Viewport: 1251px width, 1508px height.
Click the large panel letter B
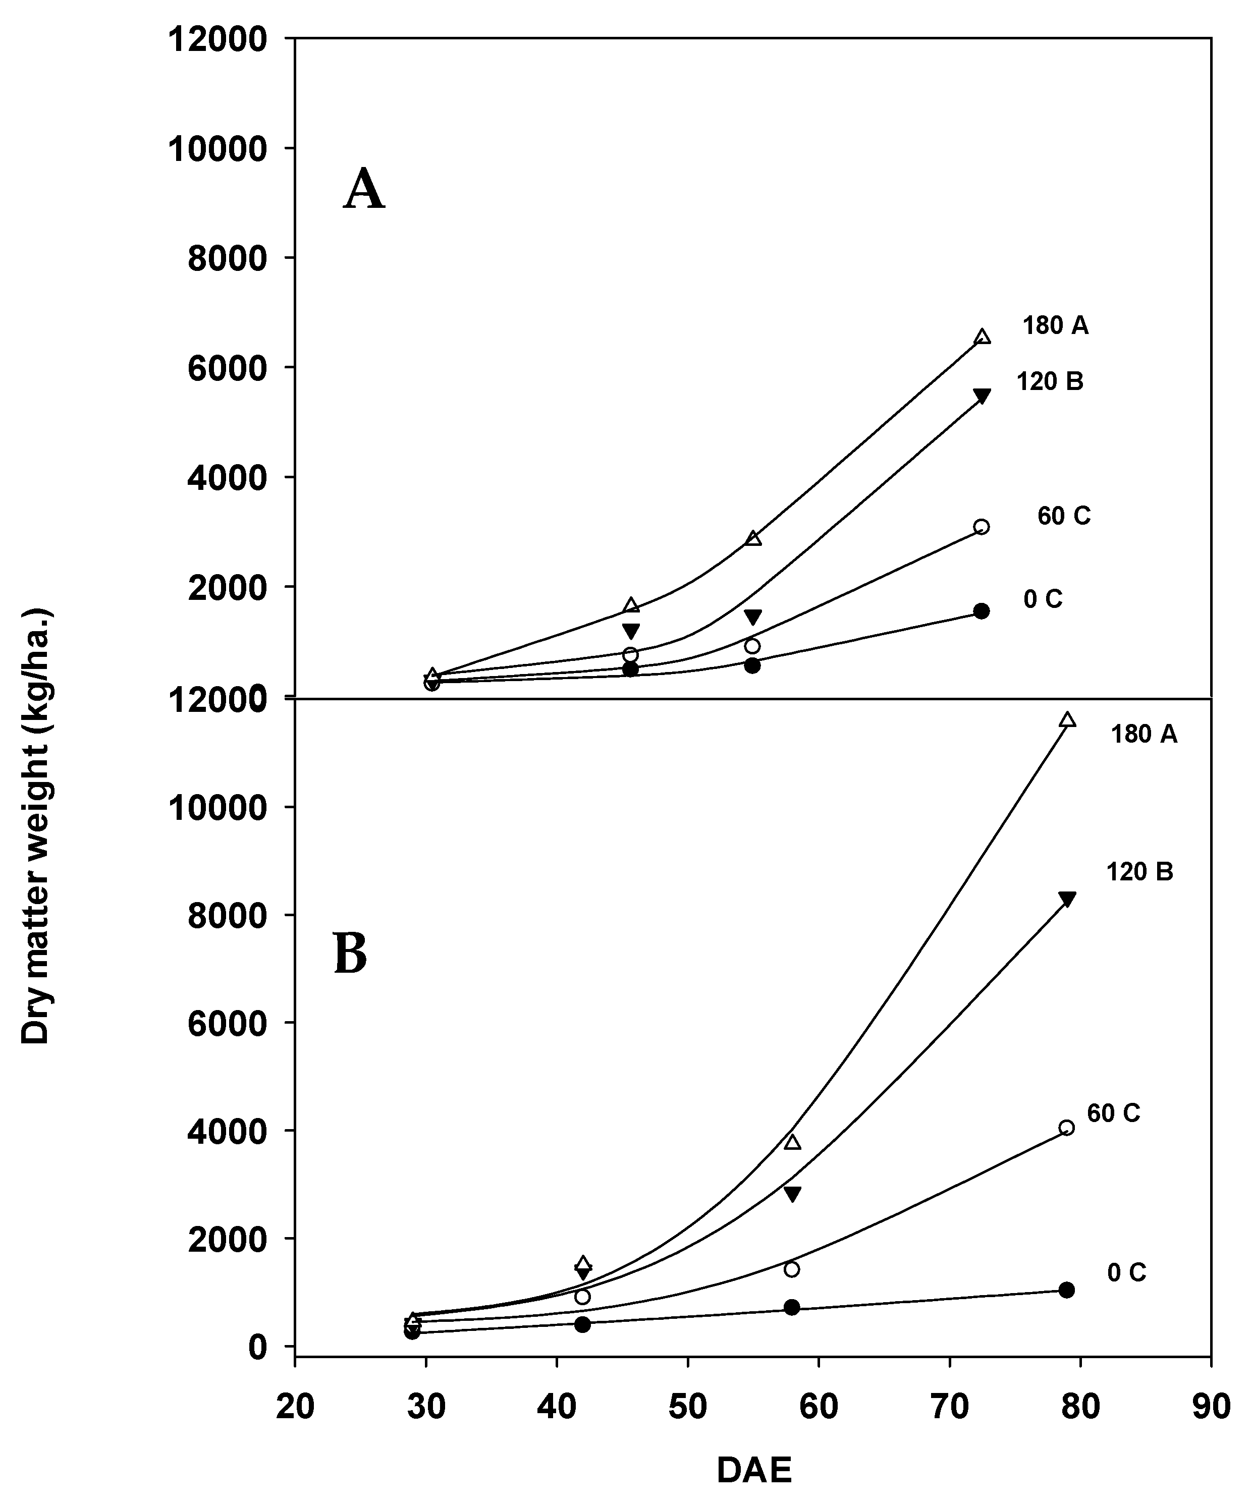pos(350,955)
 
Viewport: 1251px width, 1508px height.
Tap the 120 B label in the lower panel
pos(1139,872)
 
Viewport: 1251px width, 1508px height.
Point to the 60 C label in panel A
pos(1064,516)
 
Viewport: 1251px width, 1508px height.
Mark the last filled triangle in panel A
pos(982,397)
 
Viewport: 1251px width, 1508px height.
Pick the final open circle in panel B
pos(1066,1128)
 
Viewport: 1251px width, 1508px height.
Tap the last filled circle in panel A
pos(981,611)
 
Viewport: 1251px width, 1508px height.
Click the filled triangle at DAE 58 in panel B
pos(792,1194)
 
